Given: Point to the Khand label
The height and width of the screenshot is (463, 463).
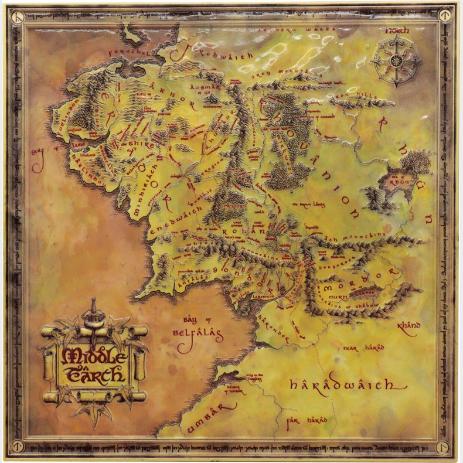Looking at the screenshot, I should (x=408, y=325).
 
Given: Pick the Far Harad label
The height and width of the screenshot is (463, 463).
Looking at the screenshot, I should (x=306, y=420).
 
